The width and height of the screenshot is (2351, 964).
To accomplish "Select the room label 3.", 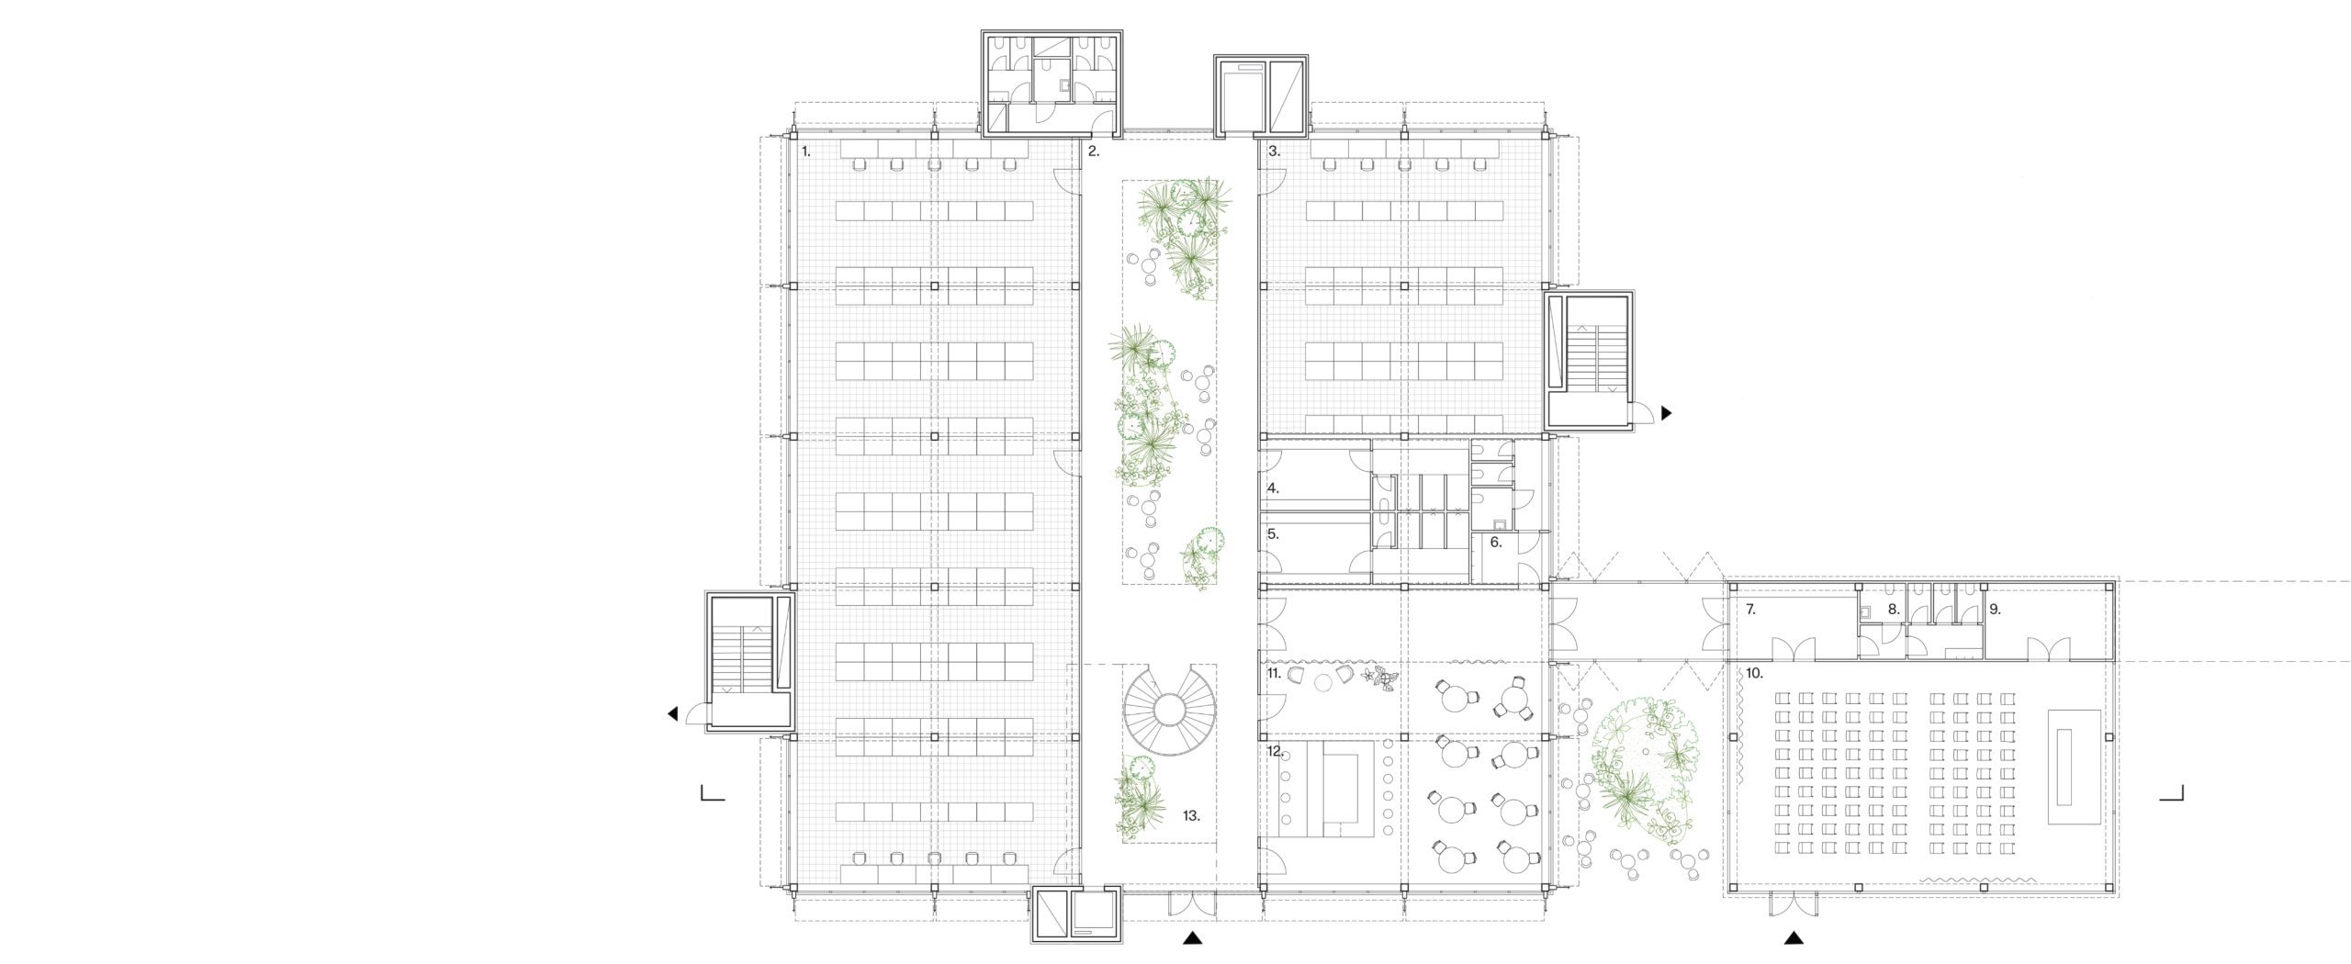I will coord(1274,151).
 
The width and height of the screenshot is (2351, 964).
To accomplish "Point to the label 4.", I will coord(1274,489).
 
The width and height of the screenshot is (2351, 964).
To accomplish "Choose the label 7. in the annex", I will coord(1750,610).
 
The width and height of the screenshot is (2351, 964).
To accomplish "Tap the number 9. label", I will coord(1994,610).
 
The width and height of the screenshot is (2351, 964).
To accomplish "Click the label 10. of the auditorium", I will coord(1754,673).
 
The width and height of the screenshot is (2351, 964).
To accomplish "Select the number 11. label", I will coord(1274,673).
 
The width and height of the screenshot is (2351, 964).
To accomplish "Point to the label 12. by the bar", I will coord(1274,751).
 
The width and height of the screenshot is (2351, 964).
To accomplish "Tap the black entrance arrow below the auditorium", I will coord(1793,937).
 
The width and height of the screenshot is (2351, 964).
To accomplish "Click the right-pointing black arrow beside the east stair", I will coord(1667,413).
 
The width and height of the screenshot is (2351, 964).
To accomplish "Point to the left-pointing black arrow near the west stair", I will coord(674,714).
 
